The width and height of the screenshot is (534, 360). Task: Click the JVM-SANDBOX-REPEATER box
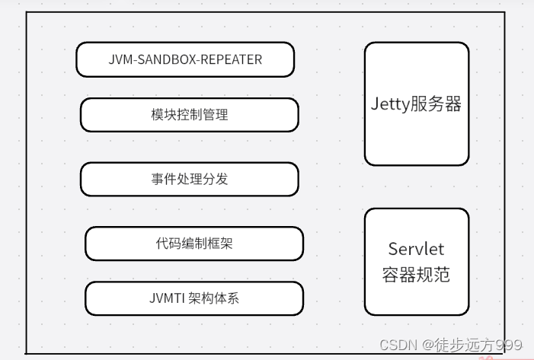coord(185,59)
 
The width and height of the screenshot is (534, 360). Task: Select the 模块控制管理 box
coord(190,115)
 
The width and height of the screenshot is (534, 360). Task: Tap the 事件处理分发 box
coord(190,180)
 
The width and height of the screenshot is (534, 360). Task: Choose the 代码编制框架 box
coord(194,244)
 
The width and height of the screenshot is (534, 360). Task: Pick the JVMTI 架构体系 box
coord(194,298)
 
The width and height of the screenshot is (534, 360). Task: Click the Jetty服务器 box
coord(416,104)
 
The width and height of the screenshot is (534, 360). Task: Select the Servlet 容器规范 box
coord(416,261)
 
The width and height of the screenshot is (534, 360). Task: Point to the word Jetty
coord(390,104)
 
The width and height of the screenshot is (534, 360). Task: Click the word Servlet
coord(416,249)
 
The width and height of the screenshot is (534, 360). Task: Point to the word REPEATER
coord(235,59)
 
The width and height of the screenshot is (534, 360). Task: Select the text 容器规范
coord(416,274)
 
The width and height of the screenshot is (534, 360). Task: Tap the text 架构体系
coord(213,298)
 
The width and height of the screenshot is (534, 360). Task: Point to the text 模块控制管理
coord(190,115)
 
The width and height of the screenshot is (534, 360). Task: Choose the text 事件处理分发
coord(190,180)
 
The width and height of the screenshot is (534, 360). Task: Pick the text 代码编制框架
coord(194,244)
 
